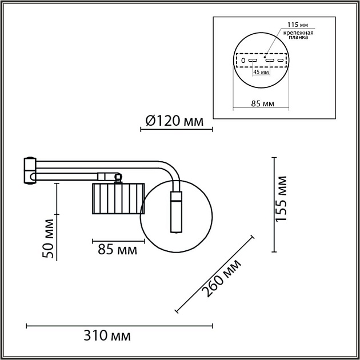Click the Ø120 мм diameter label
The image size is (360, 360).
click(x=174, y=121)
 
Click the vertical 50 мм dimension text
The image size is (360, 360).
click(x=49, y=238)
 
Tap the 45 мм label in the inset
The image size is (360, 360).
click(x=261, y=71)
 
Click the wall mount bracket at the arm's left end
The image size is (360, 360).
click(x=29, y=170)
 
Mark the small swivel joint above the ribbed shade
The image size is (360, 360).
click(x=118, y=178)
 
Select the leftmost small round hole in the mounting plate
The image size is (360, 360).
click(x=242, y=60)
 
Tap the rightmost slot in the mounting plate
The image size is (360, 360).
click(x=281, y=60)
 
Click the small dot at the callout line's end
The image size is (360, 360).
click(x=265, y=55)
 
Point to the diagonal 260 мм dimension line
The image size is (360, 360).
click(x=214, y=274)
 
